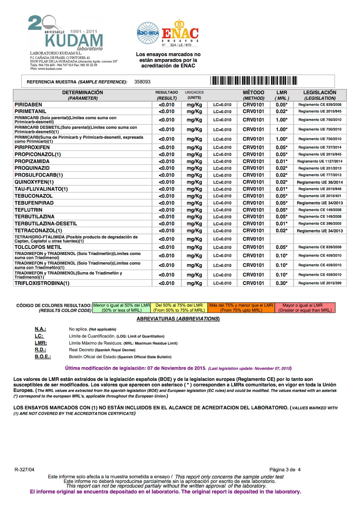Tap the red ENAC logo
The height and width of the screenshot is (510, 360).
tap(180, 33)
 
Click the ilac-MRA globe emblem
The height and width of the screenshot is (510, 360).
tap(148, 33)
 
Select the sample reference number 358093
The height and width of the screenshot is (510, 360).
tap(142, 82)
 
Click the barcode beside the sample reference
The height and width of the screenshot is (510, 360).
tap(254, 81)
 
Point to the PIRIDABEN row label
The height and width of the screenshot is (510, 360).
tap(28, 105)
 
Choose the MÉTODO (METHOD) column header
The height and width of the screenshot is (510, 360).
tap(254, 95)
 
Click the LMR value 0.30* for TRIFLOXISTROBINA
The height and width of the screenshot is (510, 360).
tap(282, 283)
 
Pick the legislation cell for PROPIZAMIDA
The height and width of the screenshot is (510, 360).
tap(320, 161)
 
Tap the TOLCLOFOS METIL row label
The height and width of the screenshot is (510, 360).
tap(38, 247)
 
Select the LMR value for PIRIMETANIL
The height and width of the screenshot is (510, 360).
tap(282, 111)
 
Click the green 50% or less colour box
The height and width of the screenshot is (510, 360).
tap(121, 308)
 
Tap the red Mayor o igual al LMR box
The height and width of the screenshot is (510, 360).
tap(305, 308)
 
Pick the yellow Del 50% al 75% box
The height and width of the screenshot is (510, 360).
tap(179, 308)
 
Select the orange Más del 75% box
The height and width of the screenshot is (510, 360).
tap(241, 308)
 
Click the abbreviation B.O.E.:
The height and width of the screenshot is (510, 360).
tap(43, 357)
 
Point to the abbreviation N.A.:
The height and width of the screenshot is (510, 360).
tap(40, 329)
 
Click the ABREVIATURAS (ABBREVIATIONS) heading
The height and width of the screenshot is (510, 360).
tap(178, 319)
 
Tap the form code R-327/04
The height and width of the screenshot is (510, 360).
tap(25, 470)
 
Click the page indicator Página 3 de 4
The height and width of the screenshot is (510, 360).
tap(285, 470)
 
